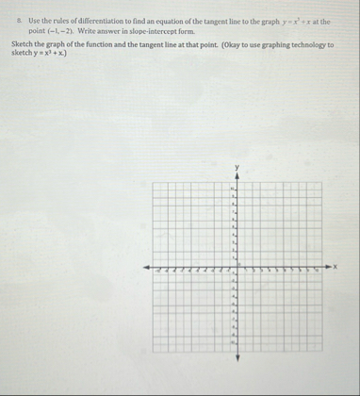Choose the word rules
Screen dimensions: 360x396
[54, 20]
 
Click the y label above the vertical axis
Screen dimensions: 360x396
[237, 169]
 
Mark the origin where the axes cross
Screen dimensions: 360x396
[237, 268]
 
